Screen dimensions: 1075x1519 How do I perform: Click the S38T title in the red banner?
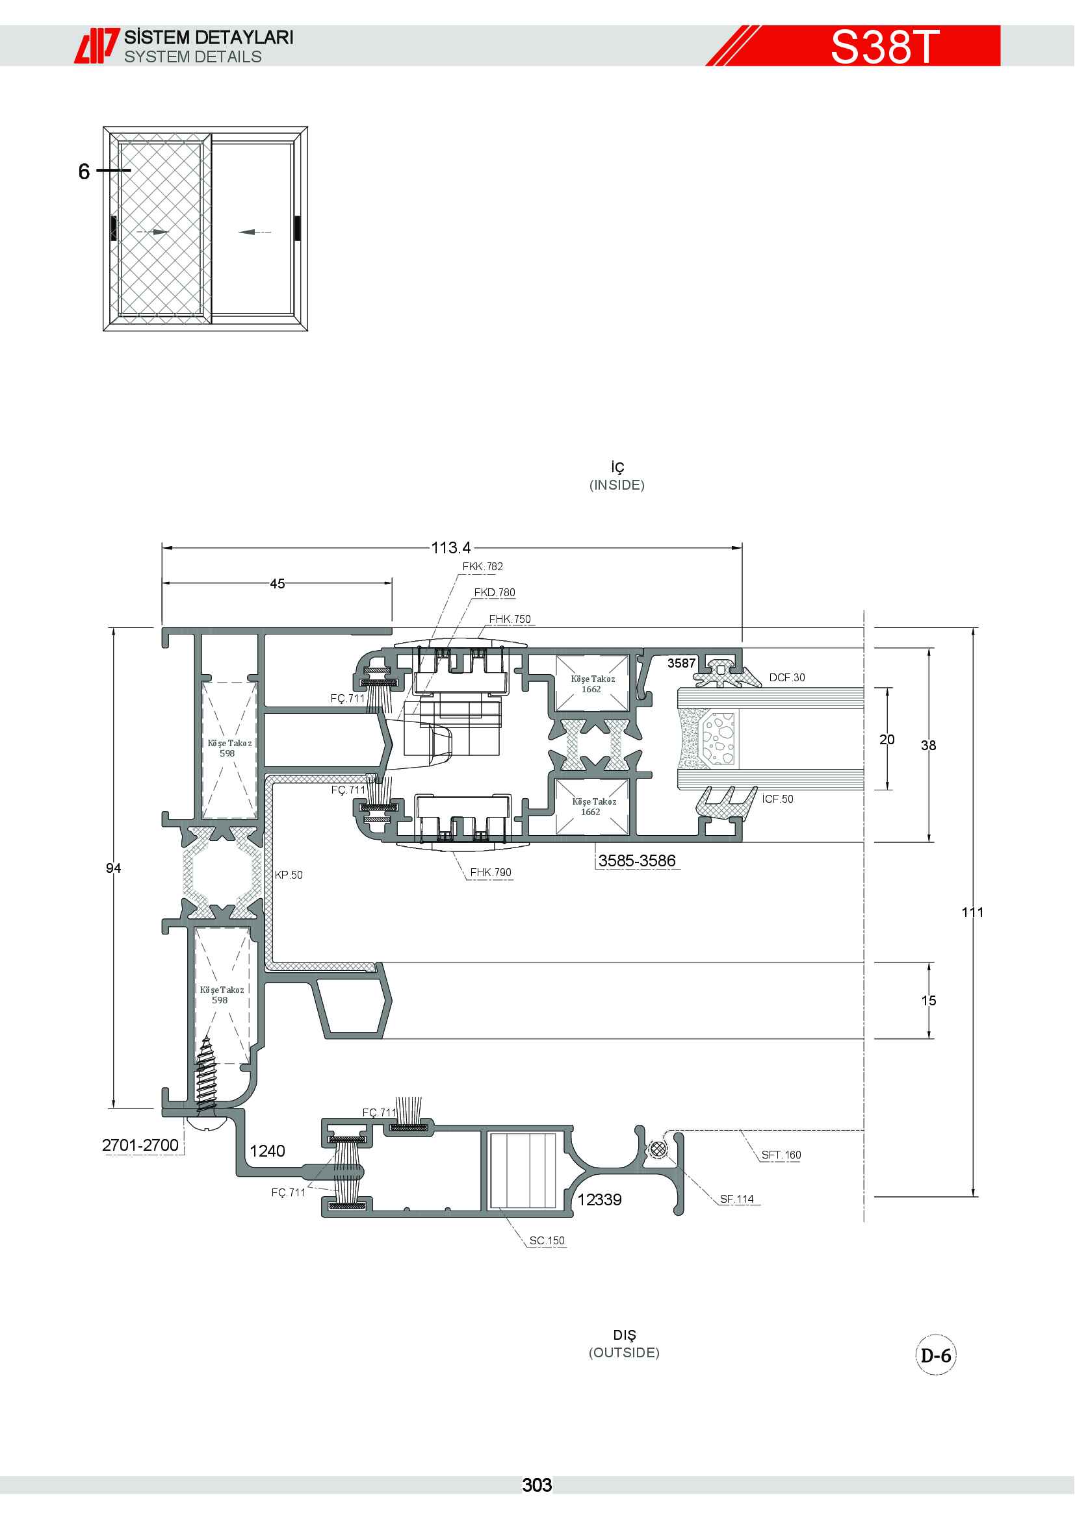click(885, 46)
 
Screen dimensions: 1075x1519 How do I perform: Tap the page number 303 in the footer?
click(537, 1485)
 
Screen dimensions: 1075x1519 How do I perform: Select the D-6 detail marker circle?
click(936, 1355)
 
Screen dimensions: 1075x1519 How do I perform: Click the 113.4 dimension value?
click(451, 548)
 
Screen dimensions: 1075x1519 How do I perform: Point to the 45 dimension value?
click(278, 584)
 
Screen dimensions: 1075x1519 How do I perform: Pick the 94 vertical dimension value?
click(113, 868)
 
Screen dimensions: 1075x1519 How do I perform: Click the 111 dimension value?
click(972, 912)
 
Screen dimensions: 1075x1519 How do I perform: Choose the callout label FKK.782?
click(482, 566)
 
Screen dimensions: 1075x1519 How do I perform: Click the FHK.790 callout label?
click(491, 872)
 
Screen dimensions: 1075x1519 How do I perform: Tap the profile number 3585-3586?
click(637, 860)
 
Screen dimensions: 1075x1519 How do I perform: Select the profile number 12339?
click(600, 1199)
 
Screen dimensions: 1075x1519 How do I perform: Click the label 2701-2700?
click(140, 1144)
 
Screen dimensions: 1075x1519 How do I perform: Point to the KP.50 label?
click(289, 875)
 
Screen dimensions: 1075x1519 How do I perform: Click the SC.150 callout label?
click(547, 1240)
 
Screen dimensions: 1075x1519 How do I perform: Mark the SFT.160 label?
click(781, 1155)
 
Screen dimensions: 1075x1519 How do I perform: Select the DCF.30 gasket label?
click(787, 677)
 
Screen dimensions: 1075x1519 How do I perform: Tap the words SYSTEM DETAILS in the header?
click(192, 57)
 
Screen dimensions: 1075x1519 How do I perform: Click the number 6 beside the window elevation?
click(84, 171)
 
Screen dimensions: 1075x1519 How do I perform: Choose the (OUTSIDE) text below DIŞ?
click(624, 1352)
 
